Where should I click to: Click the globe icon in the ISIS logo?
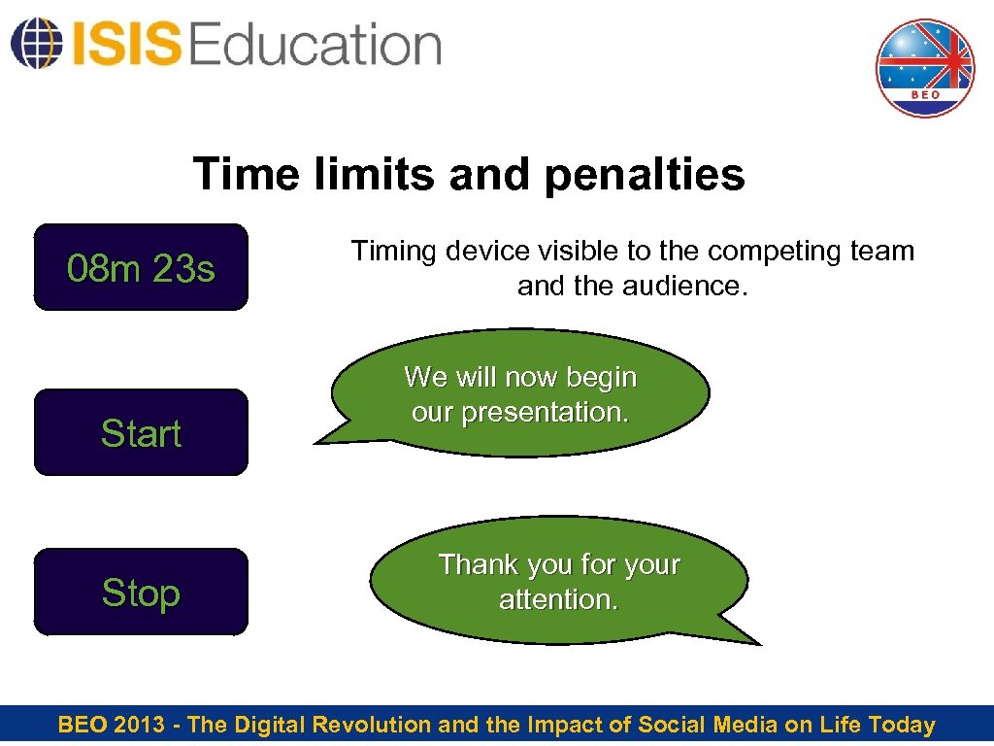pyautogui.click(x=34, y=43)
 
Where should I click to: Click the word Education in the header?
pyautogui.click(x=316, y=45)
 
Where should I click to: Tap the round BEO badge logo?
pyautogui.click(x=924, y=68)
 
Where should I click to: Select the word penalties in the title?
pyautogui.click(x=645, y=175)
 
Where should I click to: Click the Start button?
pyautogui.click(x=141, y=433)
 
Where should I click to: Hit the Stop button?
pyautogui.click(x=141, y=593)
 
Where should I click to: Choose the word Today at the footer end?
pyautogui.click(x=902, y=725)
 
